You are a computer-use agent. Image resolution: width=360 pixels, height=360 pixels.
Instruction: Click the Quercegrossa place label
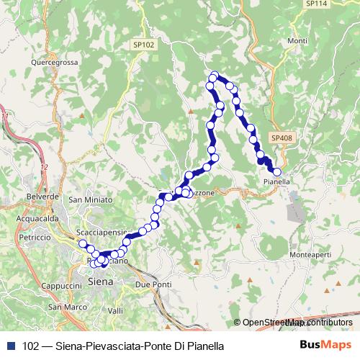55,62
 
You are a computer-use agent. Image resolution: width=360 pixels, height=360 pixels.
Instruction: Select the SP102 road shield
143,45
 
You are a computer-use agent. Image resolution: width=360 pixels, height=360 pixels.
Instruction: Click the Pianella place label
276,182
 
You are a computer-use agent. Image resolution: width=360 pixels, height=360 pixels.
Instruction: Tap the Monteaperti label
310,256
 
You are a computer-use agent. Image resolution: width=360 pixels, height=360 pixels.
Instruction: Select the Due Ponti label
153,285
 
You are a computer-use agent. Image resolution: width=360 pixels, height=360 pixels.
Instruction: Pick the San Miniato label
91,199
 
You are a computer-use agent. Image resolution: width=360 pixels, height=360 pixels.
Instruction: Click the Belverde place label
42,196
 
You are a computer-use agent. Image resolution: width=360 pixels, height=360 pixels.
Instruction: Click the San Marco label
63,307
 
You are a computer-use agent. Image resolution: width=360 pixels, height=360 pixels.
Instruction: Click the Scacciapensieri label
102,233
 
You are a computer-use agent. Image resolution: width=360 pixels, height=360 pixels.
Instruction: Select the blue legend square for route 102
10,346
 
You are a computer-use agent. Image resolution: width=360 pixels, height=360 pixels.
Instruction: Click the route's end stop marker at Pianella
276,171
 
